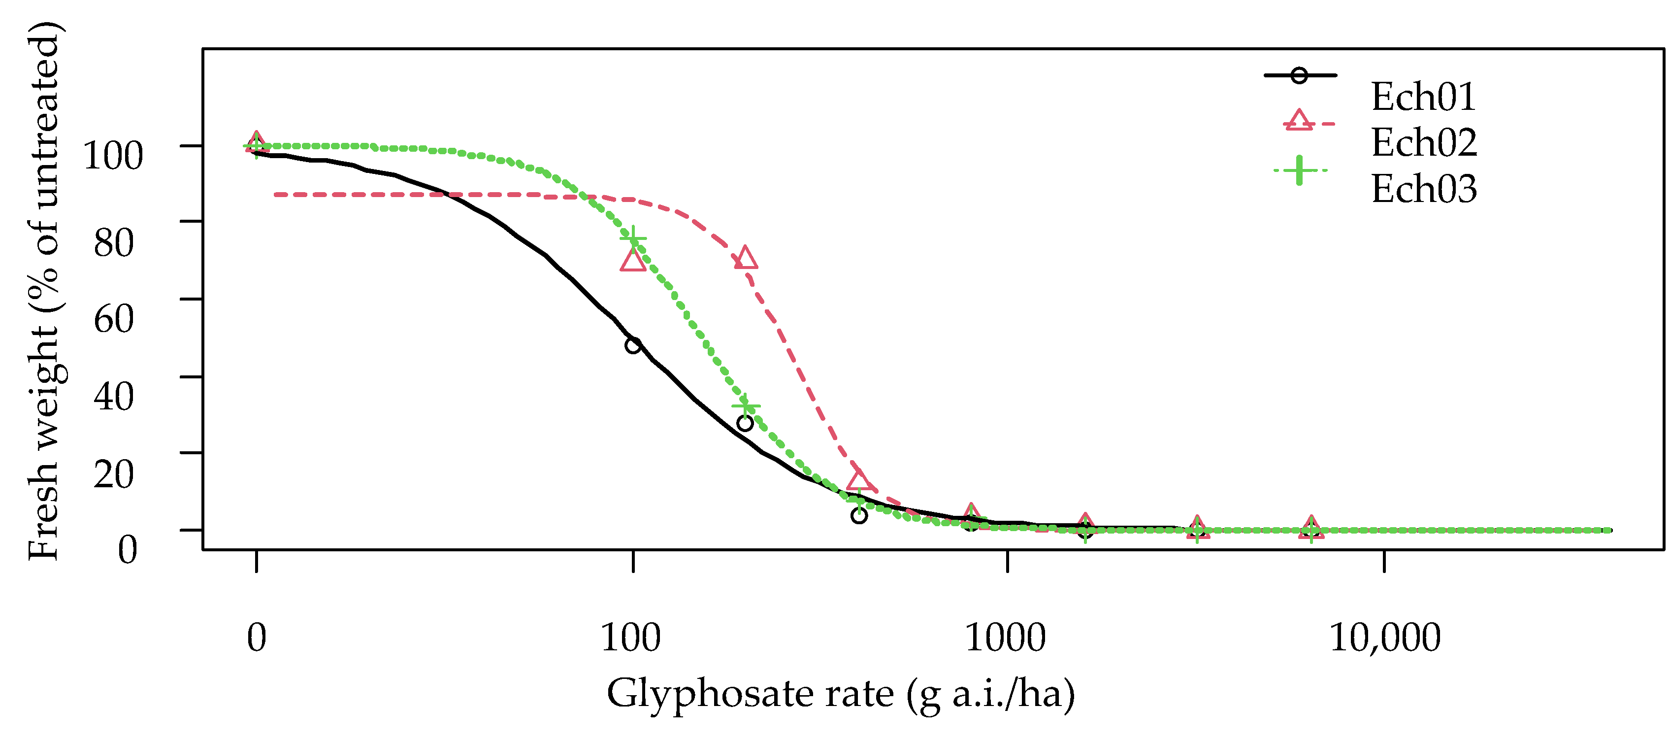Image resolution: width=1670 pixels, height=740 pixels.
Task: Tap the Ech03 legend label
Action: (1424, 189)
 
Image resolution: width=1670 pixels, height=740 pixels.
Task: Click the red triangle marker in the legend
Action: (1299, 121)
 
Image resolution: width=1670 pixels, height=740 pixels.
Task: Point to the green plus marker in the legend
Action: (1299, 170)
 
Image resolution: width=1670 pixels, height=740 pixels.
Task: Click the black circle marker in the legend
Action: (1299, 75)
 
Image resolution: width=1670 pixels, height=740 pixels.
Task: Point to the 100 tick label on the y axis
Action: (113, 156)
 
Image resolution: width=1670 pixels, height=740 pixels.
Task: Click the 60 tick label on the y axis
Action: (114, 318)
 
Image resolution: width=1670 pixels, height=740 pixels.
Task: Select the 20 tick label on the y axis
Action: (114, 473)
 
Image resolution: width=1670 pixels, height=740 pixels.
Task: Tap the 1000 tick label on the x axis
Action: (1006, 638)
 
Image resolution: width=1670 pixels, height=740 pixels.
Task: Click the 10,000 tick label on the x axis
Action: (1385, 638)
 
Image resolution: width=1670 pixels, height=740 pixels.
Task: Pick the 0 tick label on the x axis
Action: (257, 638)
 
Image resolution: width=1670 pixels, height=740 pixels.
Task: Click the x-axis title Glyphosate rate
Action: (840, 693)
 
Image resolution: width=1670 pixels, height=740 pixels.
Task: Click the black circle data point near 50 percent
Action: (633, 345)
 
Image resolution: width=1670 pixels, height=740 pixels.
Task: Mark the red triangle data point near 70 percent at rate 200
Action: (746, 258)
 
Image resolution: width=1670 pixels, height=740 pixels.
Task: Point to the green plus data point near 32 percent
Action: (746, 406)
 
